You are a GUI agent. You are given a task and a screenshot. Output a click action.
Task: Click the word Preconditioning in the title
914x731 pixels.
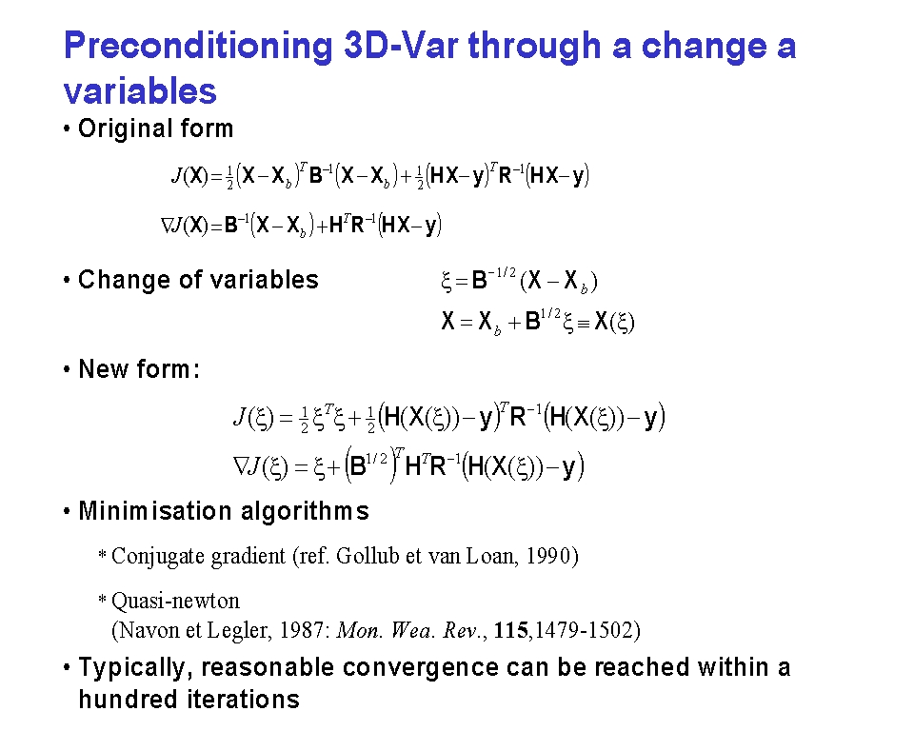198,47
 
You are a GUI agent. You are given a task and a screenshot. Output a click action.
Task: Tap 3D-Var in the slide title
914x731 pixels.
401,45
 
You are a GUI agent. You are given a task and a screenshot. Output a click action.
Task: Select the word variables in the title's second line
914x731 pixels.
140,91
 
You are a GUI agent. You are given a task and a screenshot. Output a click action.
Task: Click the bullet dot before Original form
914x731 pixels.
67,128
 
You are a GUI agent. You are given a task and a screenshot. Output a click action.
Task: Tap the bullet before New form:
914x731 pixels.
67,369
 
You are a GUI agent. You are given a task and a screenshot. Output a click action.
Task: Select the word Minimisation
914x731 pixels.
155,510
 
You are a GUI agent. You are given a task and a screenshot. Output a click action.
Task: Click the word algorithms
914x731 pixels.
305,511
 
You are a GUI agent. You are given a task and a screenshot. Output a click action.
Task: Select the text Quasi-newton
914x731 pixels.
175,601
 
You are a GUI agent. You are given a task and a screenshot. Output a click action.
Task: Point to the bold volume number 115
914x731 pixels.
510,630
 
